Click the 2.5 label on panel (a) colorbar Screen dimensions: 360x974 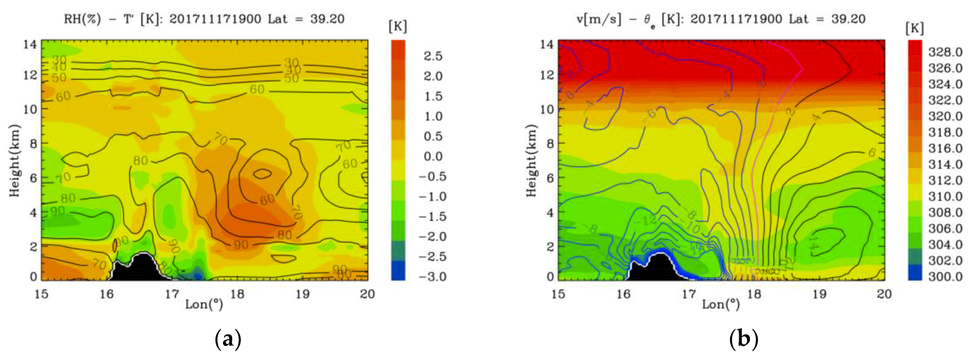pyautogui.click(x=433, y=56)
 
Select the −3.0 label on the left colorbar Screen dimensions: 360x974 pyautogui.click(x=433, y=276)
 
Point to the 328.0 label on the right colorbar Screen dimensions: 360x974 pyautogui.click(x=945, y=52)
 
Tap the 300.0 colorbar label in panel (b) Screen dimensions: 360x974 pyautogui.click(x=945, y=276)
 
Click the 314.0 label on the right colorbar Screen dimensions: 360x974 pyautogui.click(x=945, y=164)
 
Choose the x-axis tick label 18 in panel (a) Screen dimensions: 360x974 pyautogui.click(x=237, y=294)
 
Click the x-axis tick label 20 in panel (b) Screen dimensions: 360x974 pyautogui.click(x=884, y=294)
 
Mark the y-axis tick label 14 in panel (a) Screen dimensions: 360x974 pyautogui.click(x=30, y=44)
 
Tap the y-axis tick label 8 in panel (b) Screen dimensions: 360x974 pyautogui.click(x=550, y=144)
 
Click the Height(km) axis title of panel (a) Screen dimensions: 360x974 pyautogui.click(x=14, y=161)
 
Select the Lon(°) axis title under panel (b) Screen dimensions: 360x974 pyautogui.click(x=721, y=305)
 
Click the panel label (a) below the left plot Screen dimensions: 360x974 pyautogui.click(x=228, y=340)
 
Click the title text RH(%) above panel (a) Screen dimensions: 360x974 pyautogui.click(x=82, y=19)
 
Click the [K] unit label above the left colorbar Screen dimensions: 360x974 pyautogui.click(x=398, y=27)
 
